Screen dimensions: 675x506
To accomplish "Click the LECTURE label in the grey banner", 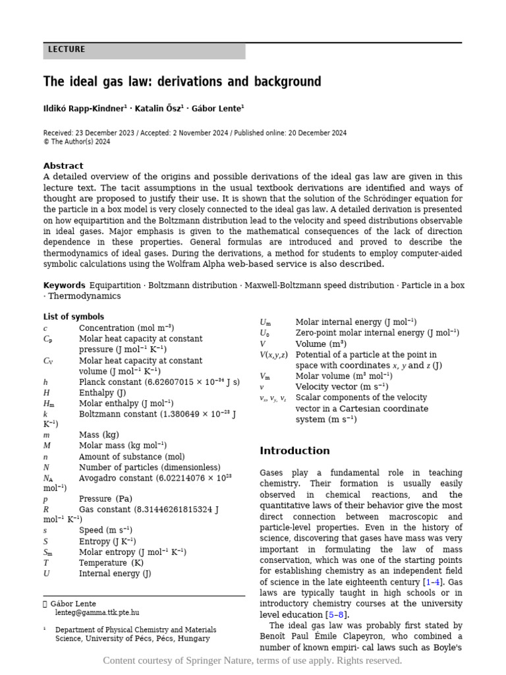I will (67, 50).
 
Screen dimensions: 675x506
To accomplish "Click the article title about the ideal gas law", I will (182, 82).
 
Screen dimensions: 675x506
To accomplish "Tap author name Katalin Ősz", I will (159, 108).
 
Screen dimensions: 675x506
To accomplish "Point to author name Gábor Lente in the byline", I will (217, 108).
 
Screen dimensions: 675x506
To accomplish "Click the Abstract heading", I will (63, 165).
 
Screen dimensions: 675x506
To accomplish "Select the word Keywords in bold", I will (64, 285).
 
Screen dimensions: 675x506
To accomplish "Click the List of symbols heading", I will (73, 316).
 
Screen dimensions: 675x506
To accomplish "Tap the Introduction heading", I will (295, 451).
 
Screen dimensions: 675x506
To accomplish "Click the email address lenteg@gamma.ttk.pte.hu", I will (97, 612).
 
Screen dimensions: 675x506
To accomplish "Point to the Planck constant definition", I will (159, 382).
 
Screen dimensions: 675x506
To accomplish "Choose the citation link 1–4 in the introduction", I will (432, 582).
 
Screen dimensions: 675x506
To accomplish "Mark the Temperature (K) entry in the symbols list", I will (111, 562).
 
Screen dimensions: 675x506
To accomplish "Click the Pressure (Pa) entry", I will (105, 499).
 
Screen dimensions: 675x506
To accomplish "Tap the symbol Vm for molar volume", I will (265, 376).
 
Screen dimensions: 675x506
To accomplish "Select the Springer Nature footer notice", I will (252, 660).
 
